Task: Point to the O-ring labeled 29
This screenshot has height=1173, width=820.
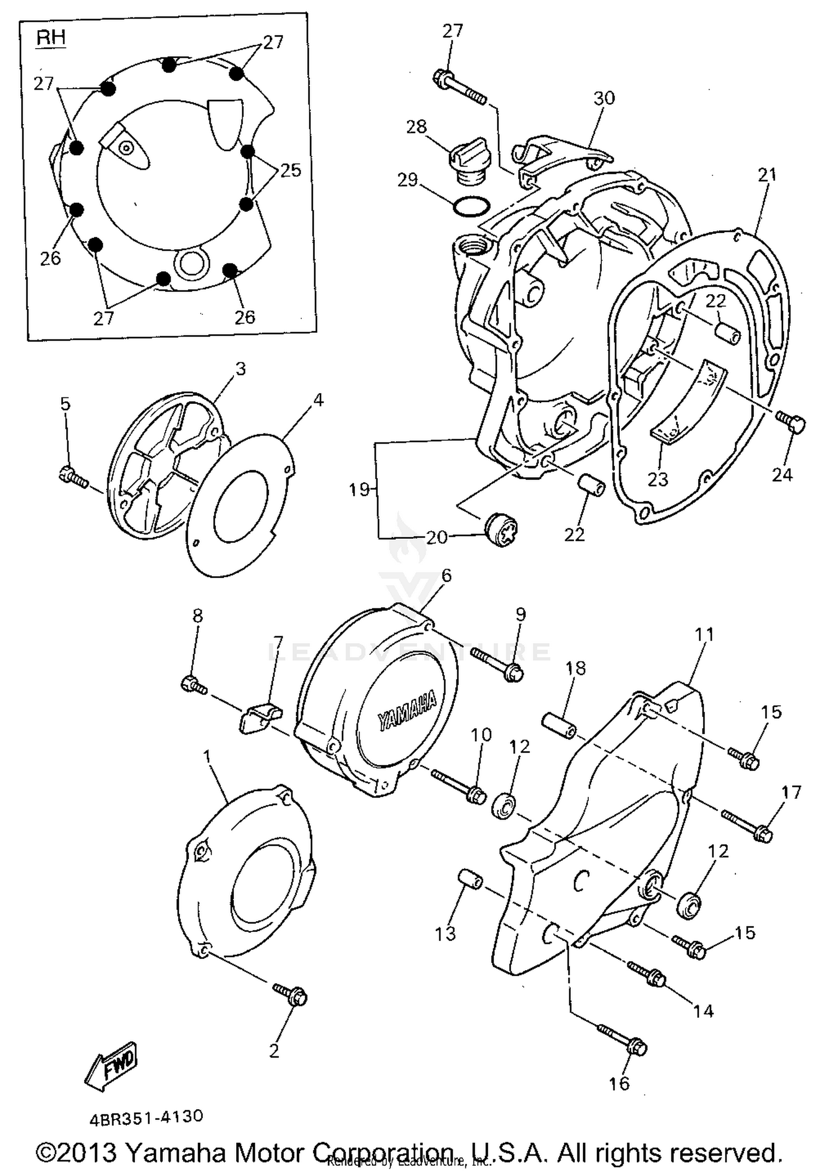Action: [471, 206]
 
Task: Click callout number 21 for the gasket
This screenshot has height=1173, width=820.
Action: [767, 175]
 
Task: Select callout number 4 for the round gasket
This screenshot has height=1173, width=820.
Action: [318, 400]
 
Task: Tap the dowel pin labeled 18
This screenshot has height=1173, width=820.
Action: [559, 724]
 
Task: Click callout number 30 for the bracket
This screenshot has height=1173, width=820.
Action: [604, 98]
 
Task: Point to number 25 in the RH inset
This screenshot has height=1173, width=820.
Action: [290, 171]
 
